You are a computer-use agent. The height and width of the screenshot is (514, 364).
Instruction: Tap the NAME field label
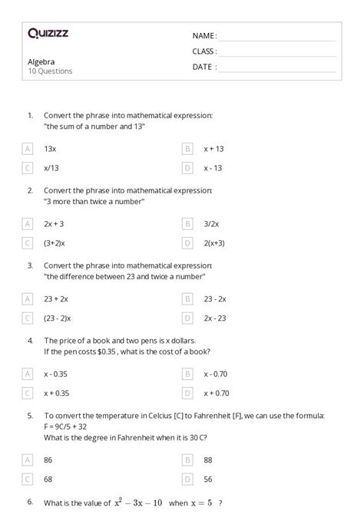click(x=204, y=36)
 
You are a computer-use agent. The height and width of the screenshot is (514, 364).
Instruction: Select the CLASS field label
click(x=204, y=51)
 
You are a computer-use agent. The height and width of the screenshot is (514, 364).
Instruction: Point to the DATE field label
click(x=204, y=67)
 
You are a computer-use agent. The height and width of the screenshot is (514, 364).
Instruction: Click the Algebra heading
click(x=41, y=61)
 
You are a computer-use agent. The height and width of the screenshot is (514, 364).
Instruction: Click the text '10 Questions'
click(x=50, y=71)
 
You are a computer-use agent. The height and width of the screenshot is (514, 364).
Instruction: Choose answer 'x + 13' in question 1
click(x=213, y=149)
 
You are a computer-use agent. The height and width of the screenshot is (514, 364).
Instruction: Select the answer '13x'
click(x=50, y=149)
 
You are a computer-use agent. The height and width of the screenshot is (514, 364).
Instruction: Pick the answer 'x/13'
click(x=51, y=167)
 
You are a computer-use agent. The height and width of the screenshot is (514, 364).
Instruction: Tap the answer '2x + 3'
click(x=54, y=224)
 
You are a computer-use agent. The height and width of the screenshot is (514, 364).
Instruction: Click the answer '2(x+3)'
click(x=214, y=242)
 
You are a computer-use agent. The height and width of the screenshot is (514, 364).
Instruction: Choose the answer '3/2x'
click(x=211, y=224)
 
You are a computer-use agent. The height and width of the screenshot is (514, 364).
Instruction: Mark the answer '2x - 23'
click(x=216, y=318)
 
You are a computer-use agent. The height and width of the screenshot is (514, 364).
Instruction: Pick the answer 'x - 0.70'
click(x=217, y=374)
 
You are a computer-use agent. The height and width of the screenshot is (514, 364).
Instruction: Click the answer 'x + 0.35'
click(x=57, y=393)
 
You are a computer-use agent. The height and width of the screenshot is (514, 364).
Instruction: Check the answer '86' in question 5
click(x=48, y=460)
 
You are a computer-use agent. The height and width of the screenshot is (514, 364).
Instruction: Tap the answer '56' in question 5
click(x=208, y=479)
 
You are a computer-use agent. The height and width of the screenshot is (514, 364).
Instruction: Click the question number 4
click(x=30, y=340)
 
